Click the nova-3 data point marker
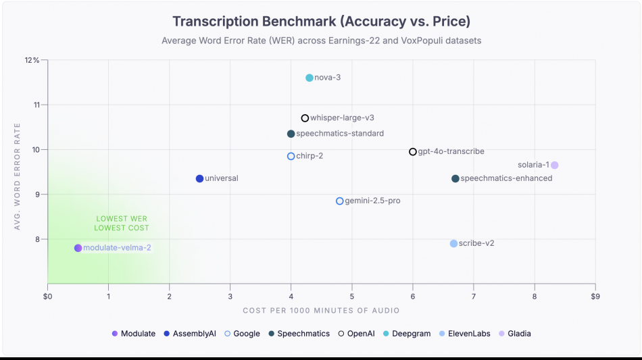tap(310, 78)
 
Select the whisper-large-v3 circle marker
tap(305, 118)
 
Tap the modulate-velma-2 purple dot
tap(78, 248)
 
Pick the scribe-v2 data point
tap(453, 243)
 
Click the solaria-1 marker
tap(554, 165)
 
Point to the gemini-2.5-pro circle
tap(340, 201)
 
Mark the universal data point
tap(199, 178)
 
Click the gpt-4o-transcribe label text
tap(451, 152)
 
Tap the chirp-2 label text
tap(310, 156)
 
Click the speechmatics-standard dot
tap(291, 134)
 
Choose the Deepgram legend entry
tap(406, 334)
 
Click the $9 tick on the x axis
tap(595, 296)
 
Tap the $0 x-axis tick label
tap(47, 296)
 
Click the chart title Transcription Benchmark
tap(321, 21)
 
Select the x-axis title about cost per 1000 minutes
tap(321, 311)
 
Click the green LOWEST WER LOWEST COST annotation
tap(122, 223)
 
